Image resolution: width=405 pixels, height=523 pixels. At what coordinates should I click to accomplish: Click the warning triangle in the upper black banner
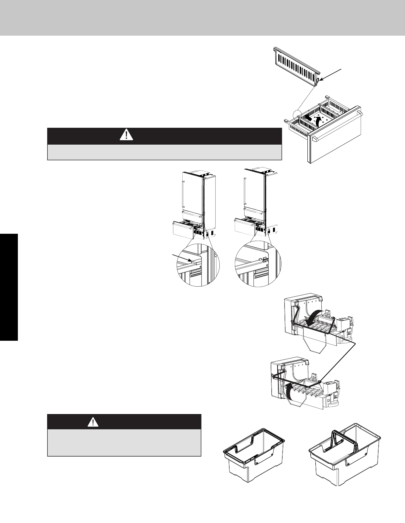(x=126, y=135)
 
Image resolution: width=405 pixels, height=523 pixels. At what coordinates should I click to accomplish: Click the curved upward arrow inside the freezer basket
(x=318, y=120)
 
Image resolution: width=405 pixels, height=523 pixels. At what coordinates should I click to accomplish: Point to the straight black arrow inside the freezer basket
(x=307, y=117)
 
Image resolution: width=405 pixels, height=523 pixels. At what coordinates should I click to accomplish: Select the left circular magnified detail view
(x=198, y=264)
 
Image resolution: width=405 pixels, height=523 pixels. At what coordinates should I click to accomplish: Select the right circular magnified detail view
(x=258, y=264)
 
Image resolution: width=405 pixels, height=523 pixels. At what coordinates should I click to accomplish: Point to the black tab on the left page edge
(x=9, y=288)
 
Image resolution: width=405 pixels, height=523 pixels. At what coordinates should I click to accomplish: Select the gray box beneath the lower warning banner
(x=124, y=442)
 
